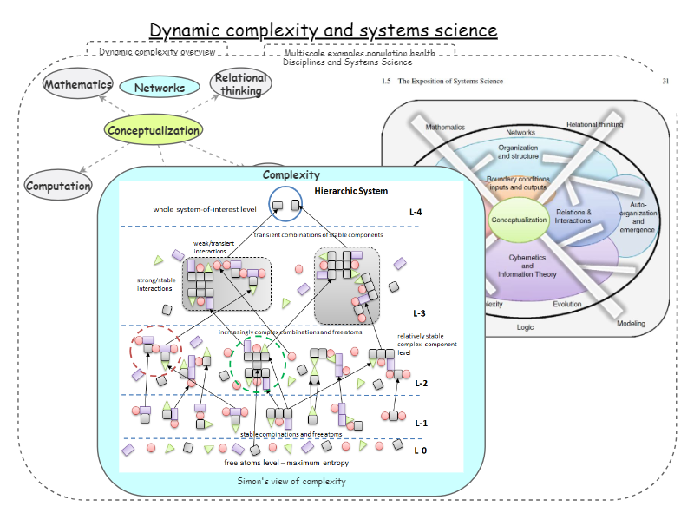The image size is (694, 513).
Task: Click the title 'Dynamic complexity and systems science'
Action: click(324, 30)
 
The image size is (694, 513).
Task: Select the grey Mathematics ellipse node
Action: click(78, 84)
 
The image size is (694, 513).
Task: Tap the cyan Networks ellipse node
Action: click(159, 88)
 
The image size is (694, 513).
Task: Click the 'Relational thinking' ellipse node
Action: click(241, 84)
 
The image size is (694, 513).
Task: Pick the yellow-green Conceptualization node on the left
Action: click(154, 131)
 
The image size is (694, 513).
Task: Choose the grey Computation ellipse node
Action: click(58, 186)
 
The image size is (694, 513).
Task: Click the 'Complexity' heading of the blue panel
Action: click(291, 175)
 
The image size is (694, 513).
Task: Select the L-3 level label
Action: click(420, 312)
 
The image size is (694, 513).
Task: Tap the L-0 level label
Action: click(420, 450)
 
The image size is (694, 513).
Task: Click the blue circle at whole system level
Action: click(285, 205)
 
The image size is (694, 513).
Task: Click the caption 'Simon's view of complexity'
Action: click(291, 481)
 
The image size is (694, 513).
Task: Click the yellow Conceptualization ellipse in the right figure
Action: click(519, 220)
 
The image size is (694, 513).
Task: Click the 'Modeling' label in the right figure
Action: click(631, 323)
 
